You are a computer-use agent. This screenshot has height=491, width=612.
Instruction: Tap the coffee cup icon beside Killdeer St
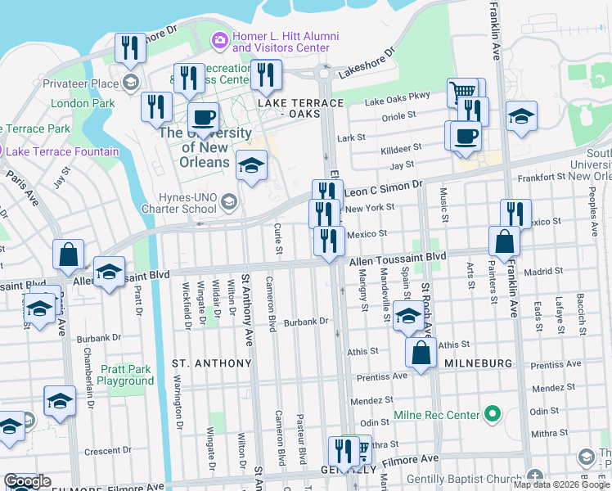466,136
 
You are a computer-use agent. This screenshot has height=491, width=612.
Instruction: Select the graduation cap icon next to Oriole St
521,116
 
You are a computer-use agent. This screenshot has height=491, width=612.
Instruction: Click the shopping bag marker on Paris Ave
68,255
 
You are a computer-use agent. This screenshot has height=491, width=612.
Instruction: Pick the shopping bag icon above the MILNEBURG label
421,354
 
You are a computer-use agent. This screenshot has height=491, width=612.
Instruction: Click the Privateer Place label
82,83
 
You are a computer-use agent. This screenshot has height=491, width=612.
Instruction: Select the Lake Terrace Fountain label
62,151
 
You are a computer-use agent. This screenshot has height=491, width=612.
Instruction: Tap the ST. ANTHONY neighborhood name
211,363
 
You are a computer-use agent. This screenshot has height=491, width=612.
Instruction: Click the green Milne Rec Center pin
492,414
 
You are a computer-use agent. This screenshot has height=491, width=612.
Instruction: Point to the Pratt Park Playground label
125,375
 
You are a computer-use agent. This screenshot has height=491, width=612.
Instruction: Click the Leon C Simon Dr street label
382,190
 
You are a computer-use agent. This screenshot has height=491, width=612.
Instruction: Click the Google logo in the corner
27,481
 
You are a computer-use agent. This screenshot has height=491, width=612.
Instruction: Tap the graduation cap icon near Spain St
407,316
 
